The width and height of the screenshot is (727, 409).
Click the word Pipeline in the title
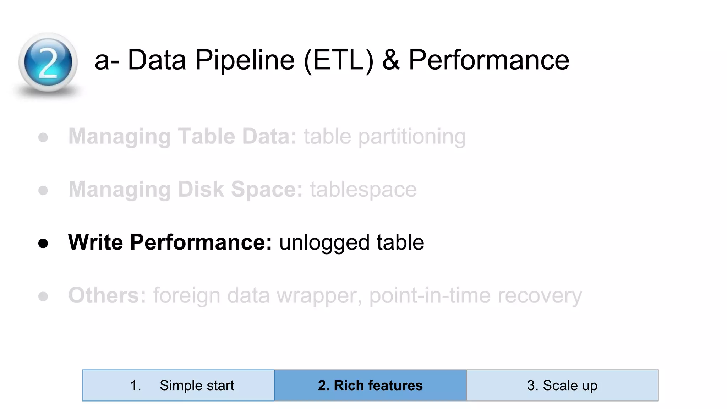tap(245, 60)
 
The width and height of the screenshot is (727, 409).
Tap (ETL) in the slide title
tap(339, 60)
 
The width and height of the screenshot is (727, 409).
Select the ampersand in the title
tap(391, 60)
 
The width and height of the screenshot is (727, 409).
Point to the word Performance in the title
tap(489, 60)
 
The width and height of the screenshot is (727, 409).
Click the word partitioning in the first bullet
tap(412, 137)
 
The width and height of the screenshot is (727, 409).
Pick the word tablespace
tap(363, 190)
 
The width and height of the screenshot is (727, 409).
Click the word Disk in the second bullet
tap(201, 190)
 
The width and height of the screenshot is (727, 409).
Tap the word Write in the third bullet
tap(95, 242)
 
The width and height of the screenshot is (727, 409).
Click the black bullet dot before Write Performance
tap(43, 244)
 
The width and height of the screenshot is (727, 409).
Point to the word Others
tap(107, 295)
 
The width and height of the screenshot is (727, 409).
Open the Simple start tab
tap(179, 386)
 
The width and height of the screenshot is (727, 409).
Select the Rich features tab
tap(370, 386)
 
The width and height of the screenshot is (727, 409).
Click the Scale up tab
tap(562, 386)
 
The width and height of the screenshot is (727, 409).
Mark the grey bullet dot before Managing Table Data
tap(43, 138)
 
